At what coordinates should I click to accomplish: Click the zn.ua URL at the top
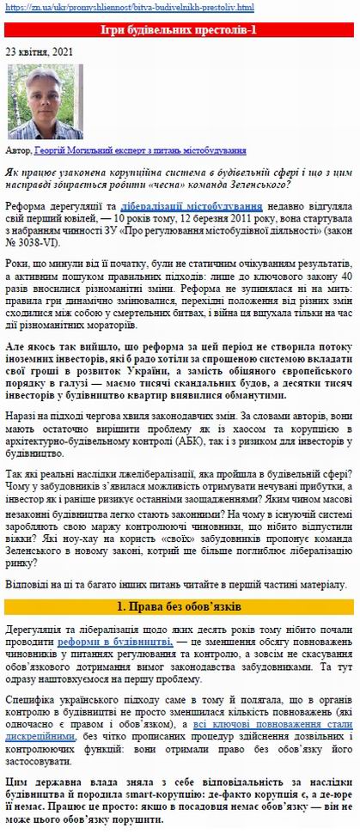(129, 8)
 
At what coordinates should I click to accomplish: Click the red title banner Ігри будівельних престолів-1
(180, 30)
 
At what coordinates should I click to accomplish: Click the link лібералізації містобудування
(191, 207)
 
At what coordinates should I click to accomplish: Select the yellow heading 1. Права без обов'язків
(180, 606)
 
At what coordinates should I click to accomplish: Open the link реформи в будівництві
(114, 642)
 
